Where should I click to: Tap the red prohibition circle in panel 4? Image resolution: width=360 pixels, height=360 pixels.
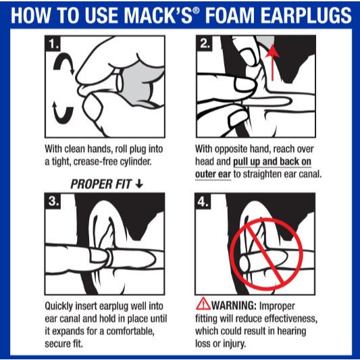click(264, 251)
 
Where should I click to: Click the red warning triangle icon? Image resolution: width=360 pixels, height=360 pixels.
click(202, 303)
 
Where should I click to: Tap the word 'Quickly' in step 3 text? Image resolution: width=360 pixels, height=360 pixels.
click(61, 304)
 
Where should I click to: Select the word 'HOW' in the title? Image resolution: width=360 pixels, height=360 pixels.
click(30, 16)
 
